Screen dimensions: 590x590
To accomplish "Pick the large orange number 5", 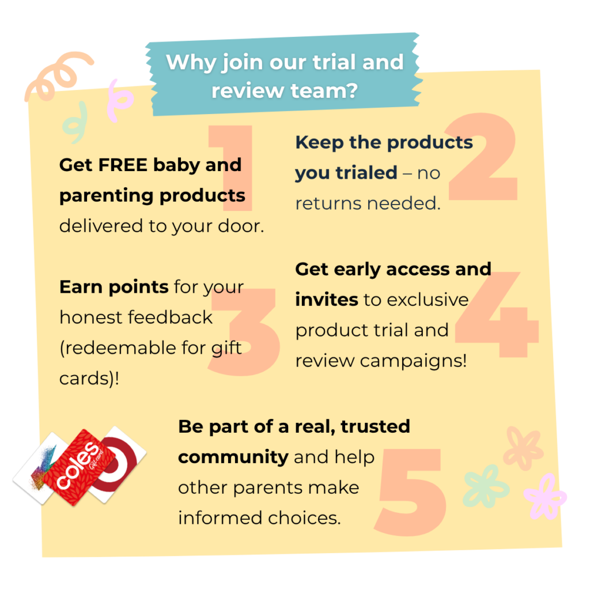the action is coord(410,491).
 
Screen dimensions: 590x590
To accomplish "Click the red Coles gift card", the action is coord(78,467).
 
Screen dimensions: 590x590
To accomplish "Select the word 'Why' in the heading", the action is coord(191,63).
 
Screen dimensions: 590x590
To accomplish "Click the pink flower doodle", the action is coord(544,497).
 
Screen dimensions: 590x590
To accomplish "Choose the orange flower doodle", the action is coord(523,448).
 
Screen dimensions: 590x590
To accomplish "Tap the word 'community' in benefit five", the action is coord(233,457).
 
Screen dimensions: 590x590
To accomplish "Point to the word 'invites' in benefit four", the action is coord(327,300).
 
